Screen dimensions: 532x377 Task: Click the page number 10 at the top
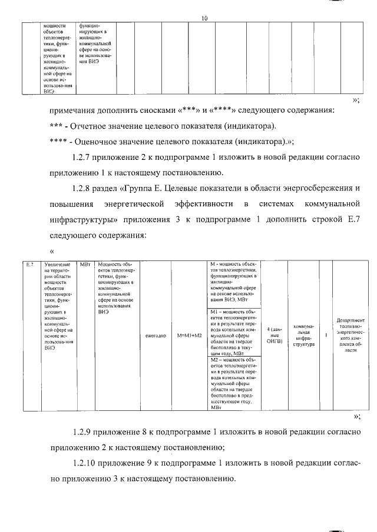(x=204, y=18)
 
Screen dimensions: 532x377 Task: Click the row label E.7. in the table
(x=31, y=265)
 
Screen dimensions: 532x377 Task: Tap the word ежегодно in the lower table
(x=155, y=336)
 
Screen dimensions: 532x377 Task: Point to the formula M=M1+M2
(x=189, y=336)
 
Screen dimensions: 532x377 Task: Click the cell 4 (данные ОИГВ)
(x=275, y=336)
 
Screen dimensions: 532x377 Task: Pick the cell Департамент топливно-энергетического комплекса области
(x=350, y=335)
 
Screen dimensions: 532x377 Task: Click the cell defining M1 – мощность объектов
(x=234, y=333)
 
